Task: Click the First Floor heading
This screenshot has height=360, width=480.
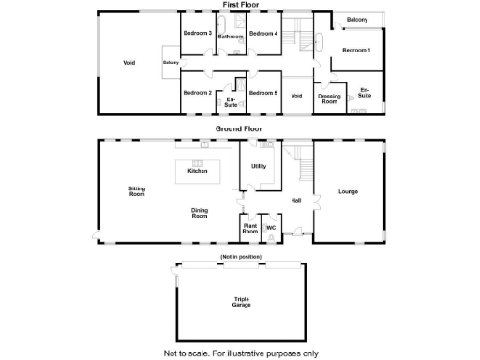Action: tap(241, 5)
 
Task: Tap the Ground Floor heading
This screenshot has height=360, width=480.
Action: tap(240, 128)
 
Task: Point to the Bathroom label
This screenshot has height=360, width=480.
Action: tap(231, 37)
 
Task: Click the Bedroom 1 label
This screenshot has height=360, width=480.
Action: tap(356, 50)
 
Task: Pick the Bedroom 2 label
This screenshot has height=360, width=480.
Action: tap(197, 93)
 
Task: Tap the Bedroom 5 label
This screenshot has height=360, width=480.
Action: tap(263, 93)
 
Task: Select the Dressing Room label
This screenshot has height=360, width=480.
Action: tap(328, 98)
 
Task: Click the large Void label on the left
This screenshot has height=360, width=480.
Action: tap(129, 63)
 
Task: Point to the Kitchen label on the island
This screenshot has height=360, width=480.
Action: tap(197, 171)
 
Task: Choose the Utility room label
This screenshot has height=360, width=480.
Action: tap(258, 167)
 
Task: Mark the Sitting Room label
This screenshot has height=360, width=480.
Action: tap(137, 191)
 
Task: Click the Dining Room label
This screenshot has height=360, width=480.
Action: tap(200, 213)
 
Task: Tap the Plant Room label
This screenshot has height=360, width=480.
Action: tap(250, 228)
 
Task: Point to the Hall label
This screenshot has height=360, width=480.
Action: tap(295, 200)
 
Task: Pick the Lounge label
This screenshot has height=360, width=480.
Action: tap(348, 192)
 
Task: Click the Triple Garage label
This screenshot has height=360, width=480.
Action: tap(241, 303)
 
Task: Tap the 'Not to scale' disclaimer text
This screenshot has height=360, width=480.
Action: tap(241, 353)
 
